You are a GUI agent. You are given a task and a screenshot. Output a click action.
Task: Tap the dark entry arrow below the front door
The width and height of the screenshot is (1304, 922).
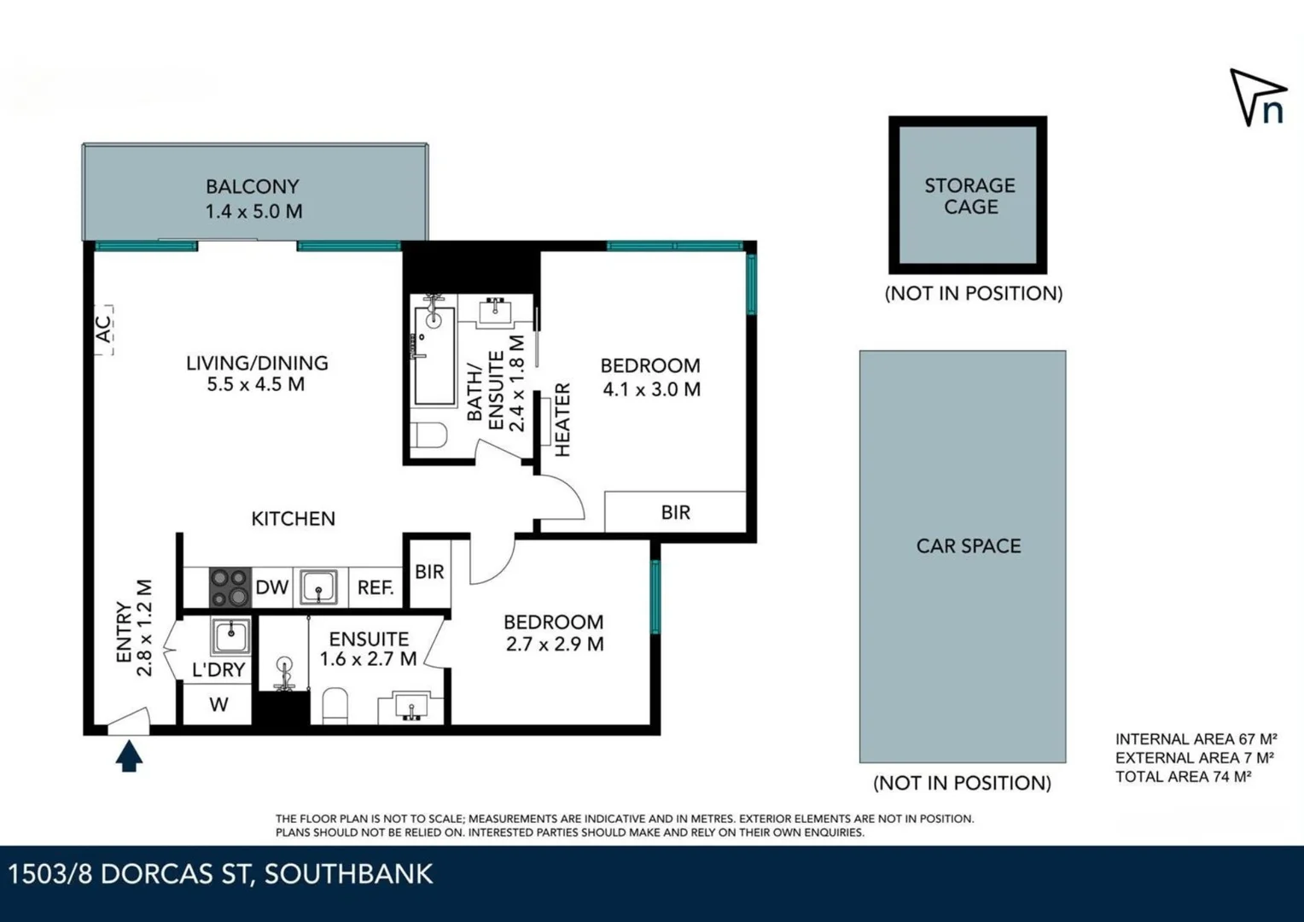[x=129, y=756]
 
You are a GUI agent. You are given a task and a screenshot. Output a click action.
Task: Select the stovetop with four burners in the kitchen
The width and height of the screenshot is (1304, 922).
[x=230, y=587]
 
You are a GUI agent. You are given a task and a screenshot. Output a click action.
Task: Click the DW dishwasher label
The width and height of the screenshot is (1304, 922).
[x=272, y=587]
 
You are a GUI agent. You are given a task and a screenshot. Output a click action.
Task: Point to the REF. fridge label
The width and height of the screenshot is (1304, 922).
[x=375, y=587]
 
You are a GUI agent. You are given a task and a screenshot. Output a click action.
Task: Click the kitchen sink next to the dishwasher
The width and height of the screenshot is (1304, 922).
[x=319, y=587]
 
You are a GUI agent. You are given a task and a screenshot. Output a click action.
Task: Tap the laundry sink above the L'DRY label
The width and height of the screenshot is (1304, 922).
[x=230, y=636]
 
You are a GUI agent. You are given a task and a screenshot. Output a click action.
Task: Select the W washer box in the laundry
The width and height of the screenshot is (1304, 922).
[x=218, y=705]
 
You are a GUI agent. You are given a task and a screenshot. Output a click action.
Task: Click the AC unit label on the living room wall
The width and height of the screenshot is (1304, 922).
[x=103, y=330]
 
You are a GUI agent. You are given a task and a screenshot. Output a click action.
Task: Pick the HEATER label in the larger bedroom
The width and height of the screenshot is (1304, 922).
[x=562, y=419]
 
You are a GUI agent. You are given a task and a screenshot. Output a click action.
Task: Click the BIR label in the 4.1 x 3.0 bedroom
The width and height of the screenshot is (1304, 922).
[x=675, y=512]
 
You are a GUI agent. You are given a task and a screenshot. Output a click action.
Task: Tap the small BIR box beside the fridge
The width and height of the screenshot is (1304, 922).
[x=429, y=572]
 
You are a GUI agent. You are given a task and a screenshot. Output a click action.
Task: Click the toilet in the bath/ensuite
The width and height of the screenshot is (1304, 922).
[x=428, y=436]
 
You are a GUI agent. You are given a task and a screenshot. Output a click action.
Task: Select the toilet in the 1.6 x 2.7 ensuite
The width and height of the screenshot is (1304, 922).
[x=335, y=706]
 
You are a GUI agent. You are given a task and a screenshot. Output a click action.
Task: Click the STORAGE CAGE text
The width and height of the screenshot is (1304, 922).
[x=969, y=196]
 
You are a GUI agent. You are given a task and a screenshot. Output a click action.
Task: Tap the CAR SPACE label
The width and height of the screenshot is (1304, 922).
[x=969, y=546]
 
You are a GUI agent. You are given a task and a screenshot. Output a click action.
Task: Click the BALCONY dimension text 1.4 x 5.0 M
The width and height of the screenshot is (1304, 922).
[x=253, y=212]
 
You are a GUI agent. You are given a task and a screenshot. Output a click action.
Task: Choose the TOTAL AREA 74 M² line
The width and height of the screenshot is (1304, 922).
[x=1183, y=777]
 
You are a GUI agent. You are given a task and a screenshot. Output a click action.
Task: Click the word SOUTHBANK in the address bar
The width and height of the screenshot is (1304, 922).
[x=348, y=874]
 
